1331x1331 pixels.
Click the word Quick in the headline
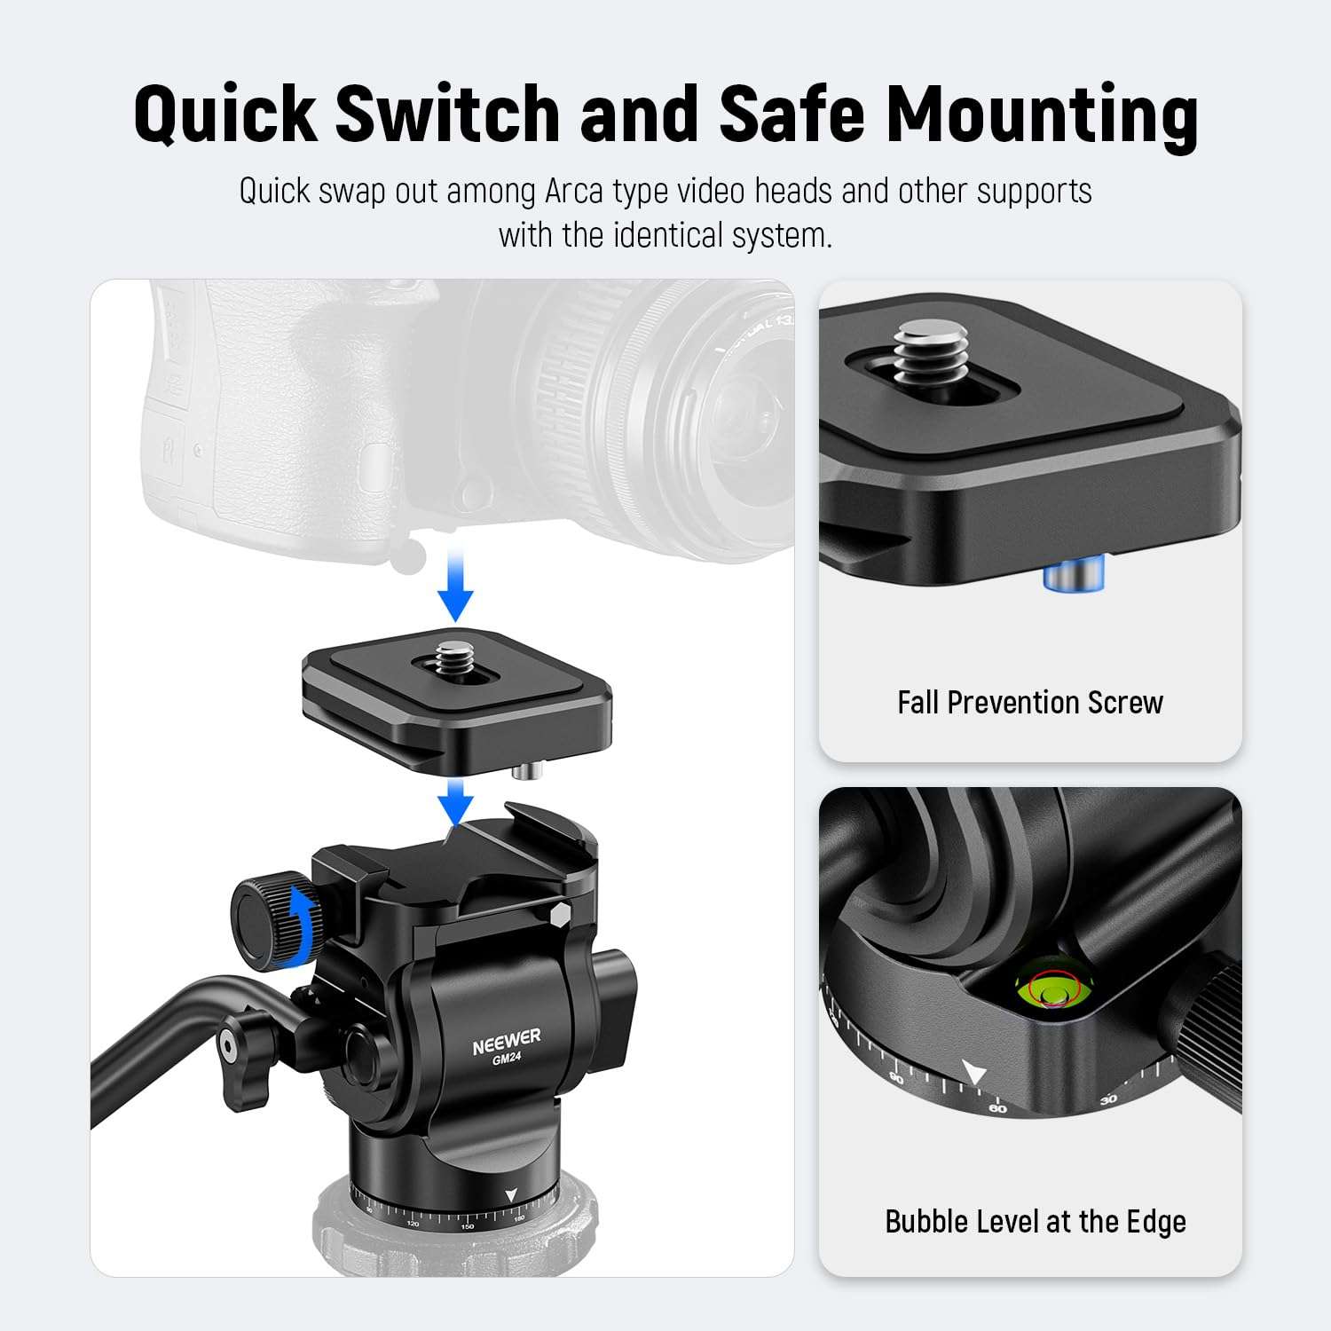coord(225,114)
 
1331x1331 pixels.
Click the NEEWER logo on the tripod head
coord(506,1042)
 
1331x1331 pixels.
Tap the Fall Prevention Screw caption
coord(1029,703)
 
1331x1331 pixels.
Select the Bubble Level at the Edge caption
coord(1036,1222)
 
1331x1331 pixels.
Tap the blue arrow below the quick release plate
coord(456,799)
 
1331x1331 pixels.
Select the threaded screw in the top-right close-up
coord(925,352)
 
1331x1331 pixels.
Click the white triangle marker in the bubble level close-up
coord(974,1074)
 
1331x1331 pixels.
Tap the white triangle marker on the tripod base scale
coord(510,1196)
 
